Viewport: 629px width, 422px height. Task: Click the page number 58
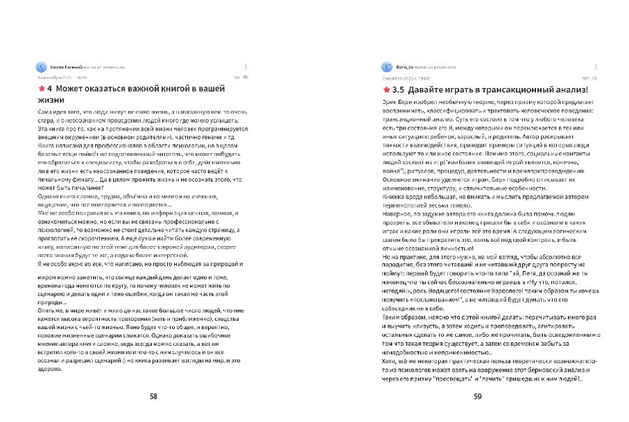(153, 396)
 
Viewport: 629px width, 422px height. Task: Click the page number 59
(478, 396)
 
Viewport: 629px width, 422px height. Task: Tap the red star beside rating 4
(41, 90)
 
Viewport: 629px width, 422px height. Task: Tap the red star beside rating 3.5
(385, 90)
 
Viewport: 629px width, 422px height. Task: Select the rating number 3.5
(398, 90)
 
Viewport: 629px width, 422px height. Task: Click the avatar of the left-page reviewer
(41, 67)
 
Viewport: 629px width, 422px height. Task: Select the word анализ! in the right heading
(569, 90)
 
